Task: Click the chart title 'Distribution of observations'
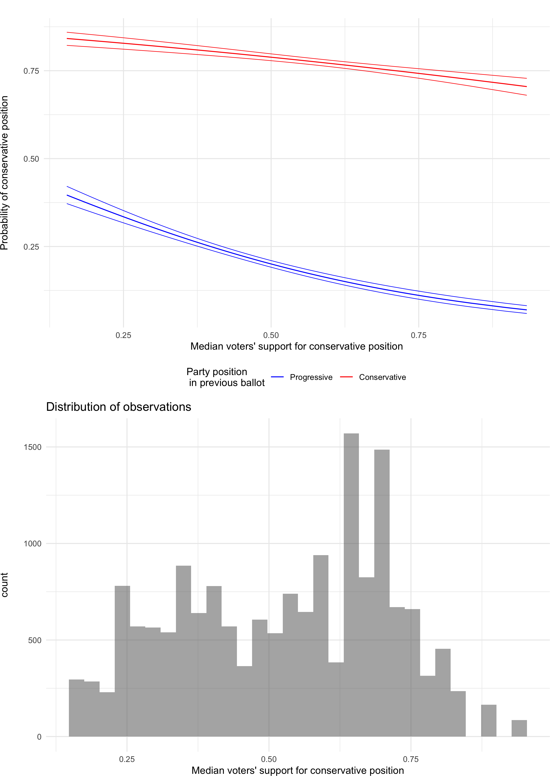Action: pyautogui.click(x=118, y=407)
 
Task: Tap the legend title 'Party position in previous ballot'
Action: pyautogui.click(x=226, y=377)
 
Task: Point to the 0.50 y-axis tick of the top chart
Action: pyautogui.click(x=31, y=159)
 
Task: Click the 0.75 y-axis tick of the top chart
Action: pyautogui.click(x=31, y=71)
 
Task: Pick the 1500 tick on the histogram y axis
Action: pyautogui.click(x=32, y=447)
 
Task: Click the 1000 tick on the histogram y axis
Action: pyautogui.click(x=32, y=544)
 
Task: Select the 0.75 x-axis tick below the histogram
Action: pyautogui.click(x=411, y=759)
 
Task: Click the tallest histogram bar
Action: pyautogui.click(x=351, y=585)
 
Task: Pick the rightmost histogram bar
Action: pyautogui.click(x=519, y=728)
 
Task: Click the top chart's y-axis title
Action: pyautogui.click(x=4, y=173)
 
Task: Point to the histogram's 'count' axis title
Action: pyautogui.click(x=4, y=585)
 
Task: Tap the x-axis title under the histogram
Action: pyautogui.click(x=298, y=770)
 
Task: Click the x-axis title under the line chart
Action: pyautogui.click(x=297, y=346)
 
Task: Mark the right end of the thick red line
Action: pyautogui.click(x=527, y=87)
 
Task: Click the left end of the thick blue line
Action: pyautogui.click(x=67, y=195)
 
